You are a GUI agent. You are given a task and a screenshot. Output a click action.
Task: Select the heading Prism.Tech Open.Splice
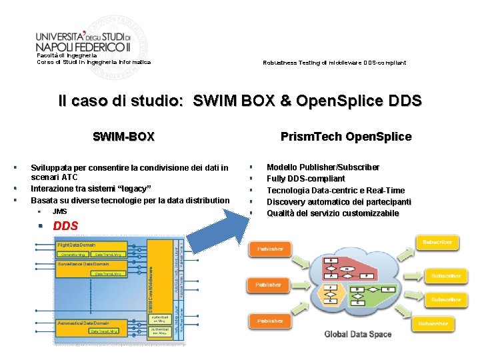[x=345, y=137]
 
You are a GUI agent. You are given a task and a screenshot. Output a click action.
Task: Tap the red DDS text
[x=65, y=226]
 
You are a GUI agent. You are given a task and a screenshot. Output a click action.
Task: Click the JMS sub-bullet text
[x=59, y=211]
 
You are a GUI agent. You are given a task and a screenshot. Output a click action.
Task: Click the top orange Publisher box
[x=270, y=249]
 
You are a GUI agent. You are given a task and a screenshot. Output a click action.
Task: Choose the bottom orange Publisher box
[x=270, y=321]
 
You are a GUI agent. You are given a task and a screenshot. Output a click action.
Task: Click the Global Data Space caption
[x=357, y=334]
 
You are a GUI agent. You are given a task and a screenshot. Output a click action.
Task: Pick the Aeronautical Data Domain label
[x=83, y=323]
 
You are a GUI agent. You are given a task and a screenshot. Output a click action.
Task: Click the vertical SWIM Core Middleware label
[x=150, y=287]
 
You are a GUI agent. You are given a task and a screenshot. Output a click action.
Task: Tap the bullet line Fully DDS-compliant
[x=306, y=179]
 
